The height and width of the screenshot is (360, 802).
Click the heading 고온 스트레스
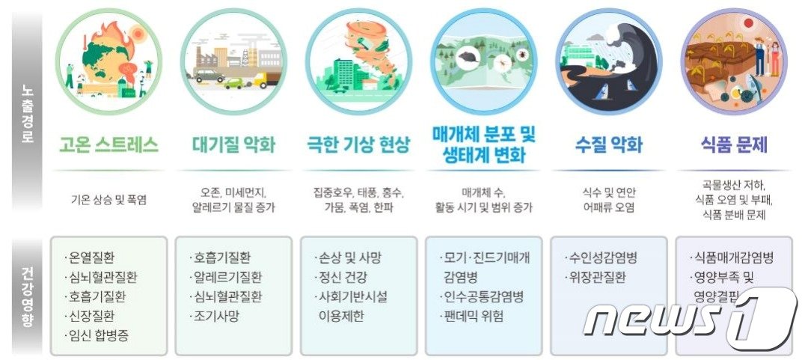point(109,145)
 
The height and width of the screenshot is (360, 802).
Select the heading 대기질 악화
point(234,145)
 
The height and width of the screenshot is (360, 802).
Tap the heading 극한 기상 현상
point(359,145)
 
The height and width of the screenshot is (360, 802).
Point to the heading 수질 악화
point(609,145)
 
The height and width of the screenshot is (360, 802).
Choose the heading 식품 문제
point(733,145)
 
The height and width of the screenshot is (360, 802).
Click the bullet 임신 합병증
point(99,335)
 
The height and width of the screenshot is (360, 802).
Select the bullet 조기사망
point(215,315)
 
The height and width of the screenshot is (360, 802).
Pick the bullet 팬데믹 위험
point(474,315)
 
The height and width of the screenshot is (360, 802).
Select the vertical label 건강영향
point(28,296)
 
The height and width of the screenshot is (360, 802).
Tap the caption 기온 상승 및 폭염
point(109,200)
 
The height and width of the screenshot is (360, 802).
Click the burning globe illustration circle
point(109,61)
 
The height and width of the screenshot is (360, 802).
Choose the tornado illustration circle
point(358,61)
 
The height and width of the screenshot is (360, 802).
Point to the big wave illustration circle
point(609,61)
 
